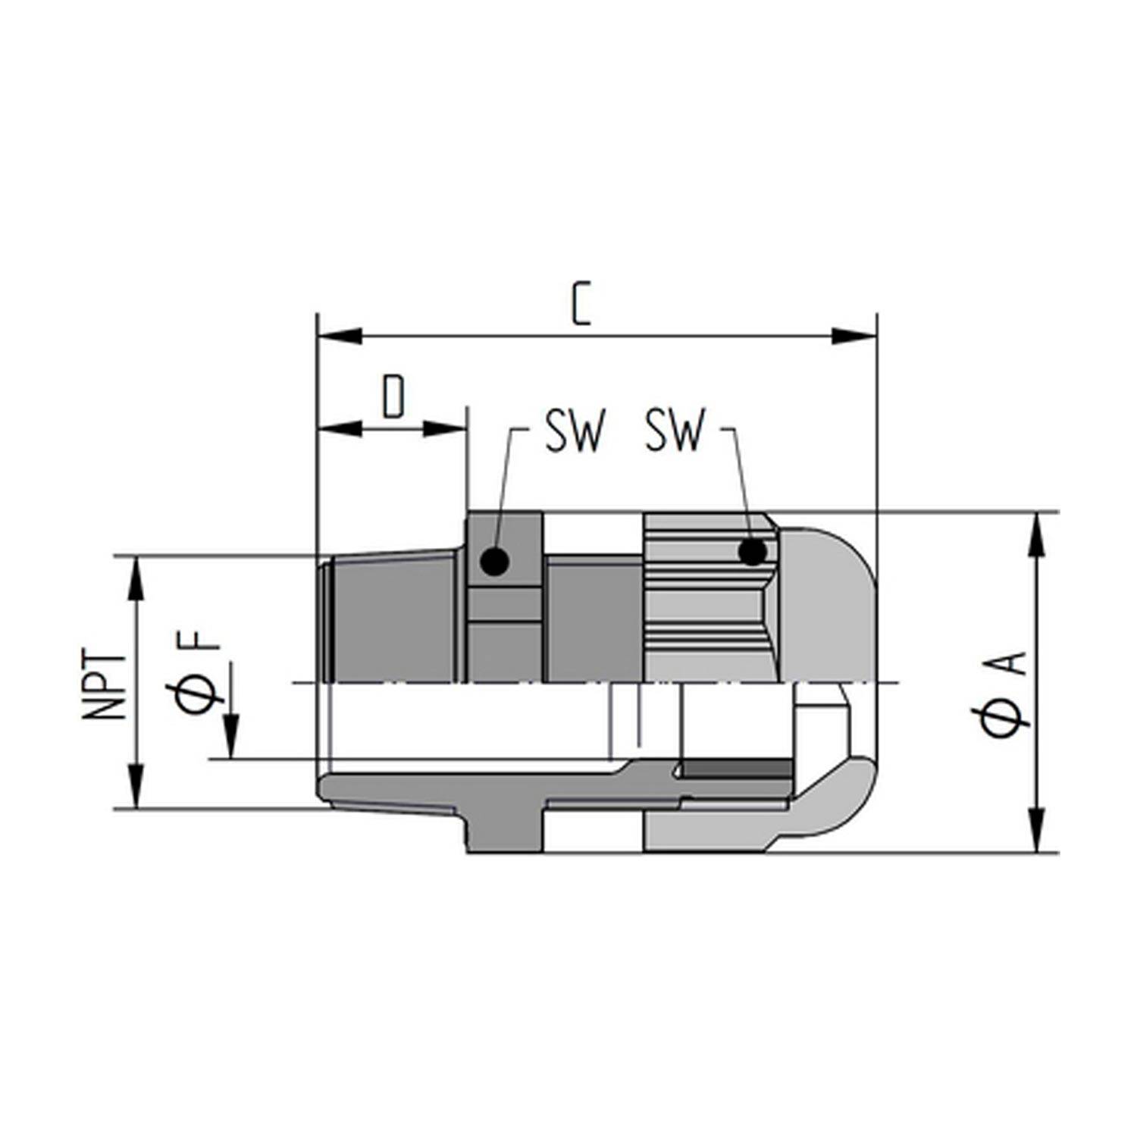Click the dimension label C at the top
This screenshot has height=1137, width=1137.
click(x=580, y=303)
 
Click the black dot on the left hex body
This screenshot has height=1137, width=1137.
click(x=494, y=562)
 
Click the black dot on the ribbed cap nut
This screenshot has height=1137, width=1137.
click(x=752, y=552)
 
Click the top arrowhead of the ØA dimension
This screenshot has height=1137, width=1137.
click(x=1036, y=535)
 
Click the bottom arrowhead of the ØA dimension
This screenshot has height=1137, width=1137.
click(x=1036, y=831)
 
